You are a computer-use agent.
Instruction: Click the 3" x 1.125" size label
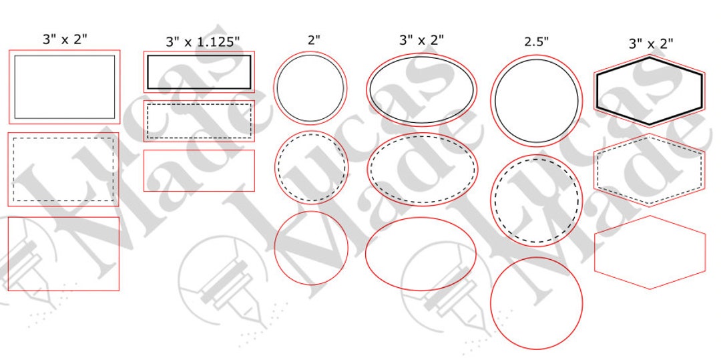coord(202,42)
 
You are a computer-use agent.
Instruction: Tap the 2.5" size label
coord(536,41)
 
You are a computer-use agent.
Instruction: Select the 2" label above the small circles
coord(314,39)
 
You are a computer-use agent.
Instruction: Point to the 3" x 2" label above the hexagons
coord(650,43)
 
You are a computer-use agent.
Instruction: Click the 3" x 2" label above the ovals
coord(421,40)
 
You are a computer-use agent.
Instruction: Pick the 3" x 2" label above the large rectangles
coord(65,39)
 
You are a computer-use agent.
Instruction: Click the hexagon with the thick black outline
coord(649,91)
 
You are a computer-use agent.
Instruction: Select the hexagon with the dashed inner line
coord(649,170)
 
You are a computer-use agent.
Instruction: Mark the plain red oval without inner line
coord(421,254)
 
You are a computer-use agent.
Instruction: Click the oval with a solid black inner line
coord(421,89)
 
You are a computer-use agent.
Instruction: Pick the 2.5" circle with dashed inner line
coord(536,200)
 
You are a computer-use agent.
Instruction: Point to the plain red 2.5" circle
coord(536,303)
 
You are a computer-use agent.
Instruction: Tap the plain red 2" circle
coord(311,248)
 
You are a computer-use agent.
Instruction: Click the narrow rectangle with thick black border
coord(199,72)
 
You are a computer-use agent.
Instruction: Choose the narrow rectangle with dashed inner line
coord(199,121)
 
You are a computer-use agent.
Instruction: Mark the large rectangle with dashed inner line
coord(63,170)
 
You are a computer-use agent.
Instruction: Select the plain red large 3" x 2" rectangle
coord(63,254)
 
